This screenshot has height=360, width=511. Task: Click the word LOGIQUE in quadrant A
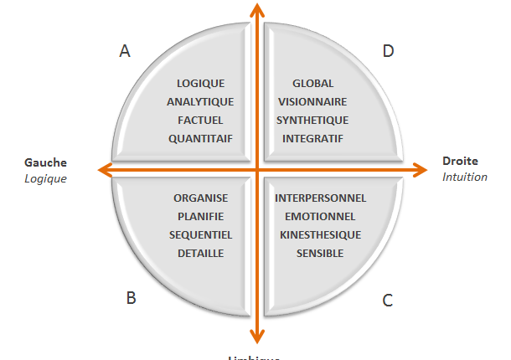coord(200,83)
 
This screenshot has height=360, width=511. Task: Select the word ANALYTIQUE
coord(200,101)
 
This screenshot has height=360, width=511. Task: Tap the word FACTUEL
coord(200,120)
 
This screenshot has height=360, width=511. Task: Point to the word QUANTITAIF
coord(200,138)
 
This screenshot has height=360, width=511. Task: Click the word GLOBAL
coord(312,83)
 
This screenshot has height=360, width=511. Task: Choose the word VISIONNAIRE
coord(312,101)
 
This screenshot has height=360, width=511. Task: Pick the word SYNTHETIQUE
coord(312,120)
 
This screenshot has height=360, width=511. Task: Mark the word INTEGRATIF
coord(312,138)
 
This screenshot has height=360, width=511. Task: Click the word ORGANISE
coord(200,198)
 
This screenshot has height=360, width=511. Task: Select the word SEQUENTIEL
coord(200,234)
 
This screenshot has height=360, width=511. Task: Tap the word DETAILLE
coord(200,253)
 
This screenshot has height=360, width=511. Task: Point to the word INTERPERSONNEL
coord(320,198)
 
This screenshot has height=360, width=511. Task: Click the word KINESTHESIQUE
coord(320,234)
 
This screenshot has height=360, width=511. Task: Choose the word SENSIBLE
coord(320,253)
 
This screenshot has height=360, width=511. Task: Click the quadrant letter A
coord(125,51)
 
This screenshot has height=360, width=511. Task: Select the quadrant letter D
coord(388,51)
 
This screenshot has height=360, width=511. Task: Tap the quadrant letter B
coord(132,298)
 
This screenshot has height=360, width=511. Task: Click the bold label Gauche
coord(45,162)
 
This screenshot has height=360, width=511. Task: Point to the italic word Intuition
coord(465,177)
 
